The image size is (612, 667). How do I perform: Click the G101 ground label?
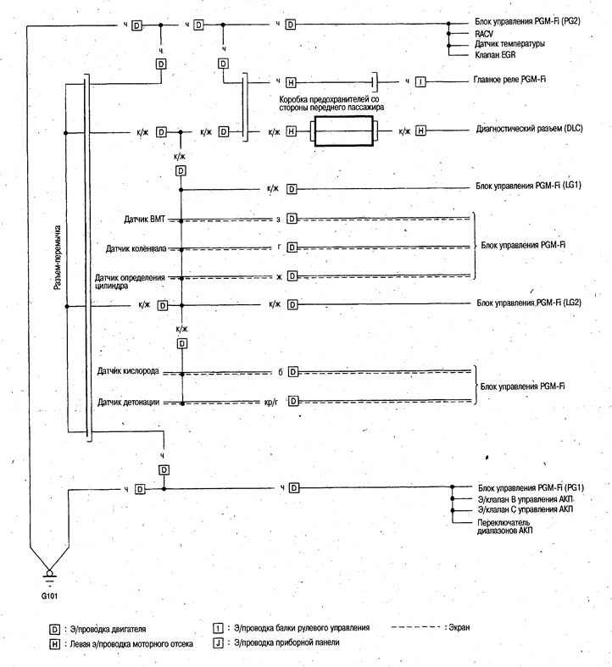click(x=49, y=596)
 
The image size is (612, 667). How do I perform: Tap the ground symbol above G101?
click(x=49, y=575)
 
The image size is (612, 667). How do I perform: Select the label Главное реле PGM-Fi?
click(x=509, y=80)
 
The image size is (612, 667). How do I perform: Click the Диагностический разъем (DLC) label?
click(x=529, y=129)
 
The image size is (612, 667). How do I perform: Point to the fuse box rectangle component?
click(x=344, y=131)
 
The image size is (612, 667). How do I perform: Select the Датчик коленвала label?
click(x=136, y=248)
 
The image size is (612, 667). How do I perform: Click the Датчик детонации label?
click(x=129, y=402)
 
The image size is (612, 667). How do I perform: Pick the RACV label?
click(x=484, y=34)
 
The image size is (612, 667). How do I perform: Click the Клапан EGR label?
click(x=495, y=54)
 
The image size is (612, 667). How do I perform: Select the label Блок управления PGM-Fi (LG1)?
click(x=528, y=186)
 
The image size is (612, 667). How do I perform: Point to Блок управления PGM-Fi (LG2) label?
click(x=529, y=303)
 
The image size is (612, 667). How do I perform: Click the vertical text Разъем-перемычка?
click(x=58, y=258)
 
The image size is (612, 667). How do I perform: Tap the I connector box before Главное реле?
click(x=420, y=81)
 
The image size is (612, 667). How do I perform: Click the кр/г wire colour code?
click(x=271, y=401)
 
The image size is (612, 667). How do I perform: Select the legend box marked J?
click(x=218, y=642)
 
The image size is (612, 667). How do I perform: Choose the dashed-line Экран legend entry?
click(x=431, y=627)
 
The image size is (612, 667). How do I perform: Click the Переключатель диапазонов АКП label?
click(x=504, y=526)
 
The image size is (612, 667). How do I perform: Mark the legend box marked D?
click(x=54, y=629)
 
